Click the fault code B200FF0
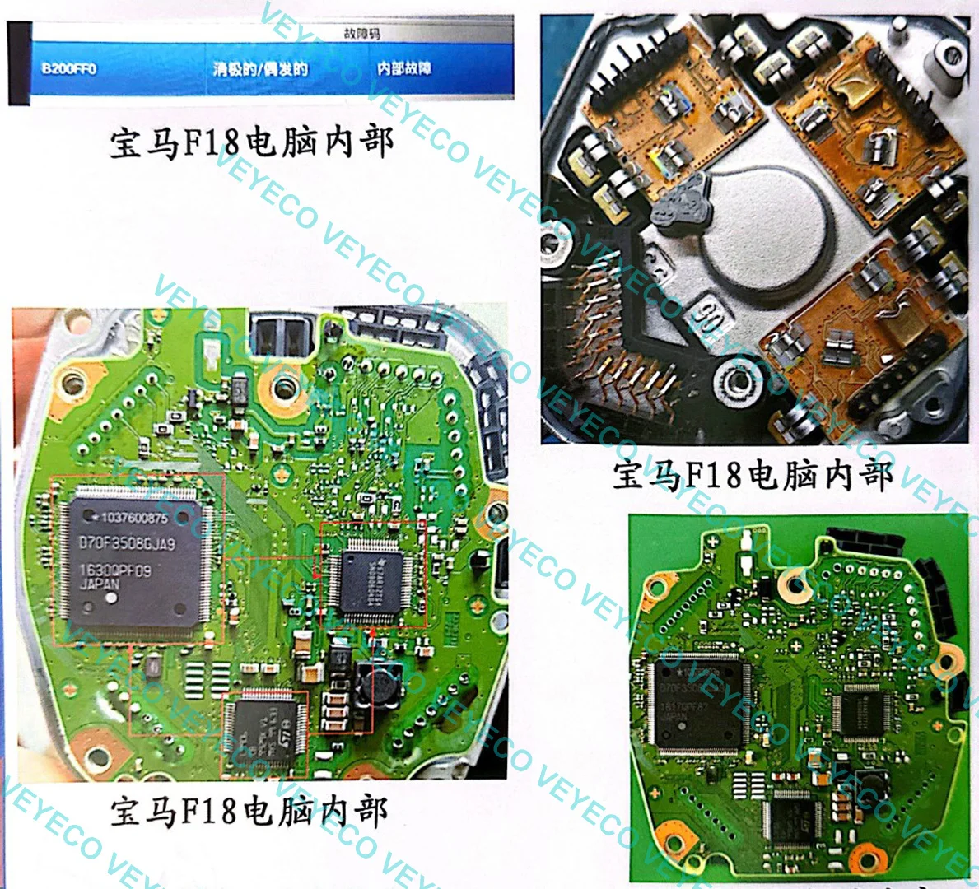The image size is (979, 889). pos(68,68)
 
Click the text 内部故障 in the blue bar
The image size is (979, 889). pos(403,68)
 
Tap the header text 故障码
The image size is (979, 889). pos(361,34)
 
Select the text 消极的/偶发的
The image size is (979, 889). pos(260,68)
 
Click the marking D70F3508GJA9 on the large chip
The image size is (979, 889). pos(127,543)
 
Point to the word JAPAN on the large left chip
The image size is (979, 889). pos(100,584)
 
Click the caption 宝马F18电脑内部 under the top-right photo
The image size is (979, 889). pos(753,476)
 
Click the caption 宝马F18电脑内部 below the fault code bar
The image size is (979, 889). pos(252,143)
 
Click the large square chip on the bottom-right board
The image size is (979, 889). pos(697,704)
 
